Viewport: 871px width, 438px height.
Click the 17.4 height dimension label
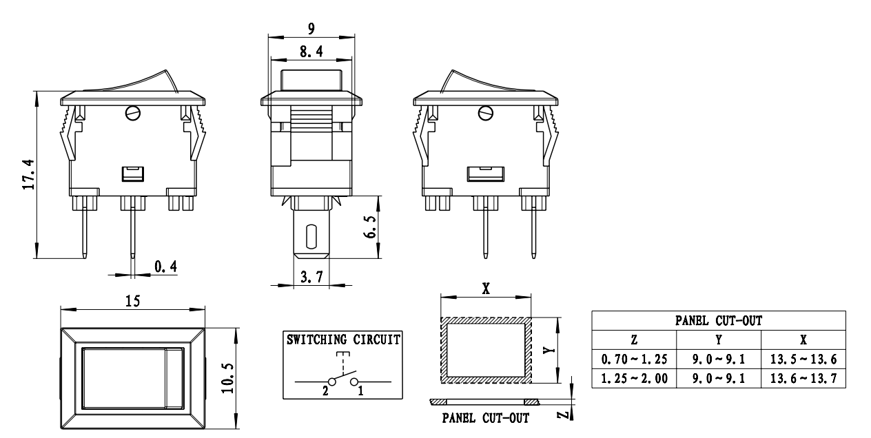27,175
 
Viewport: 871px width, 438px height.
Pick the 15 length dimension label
132,301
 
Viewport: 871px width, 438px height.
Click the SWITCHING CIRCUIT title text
342,339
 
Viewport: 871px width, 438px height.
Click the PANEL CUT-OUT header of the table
718,320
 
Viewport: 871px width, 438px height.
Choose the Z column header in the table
633,340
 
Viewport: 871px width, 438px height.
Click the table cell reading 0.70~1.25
633,359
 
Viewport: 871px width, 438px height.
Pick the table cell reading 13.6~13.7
803,378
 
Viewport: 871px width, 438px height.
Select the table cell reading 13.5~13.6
803,359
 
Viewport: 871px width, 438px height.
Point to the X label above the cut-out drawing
486,290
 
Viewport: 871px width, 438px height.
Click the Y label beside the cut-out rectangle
545,350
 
